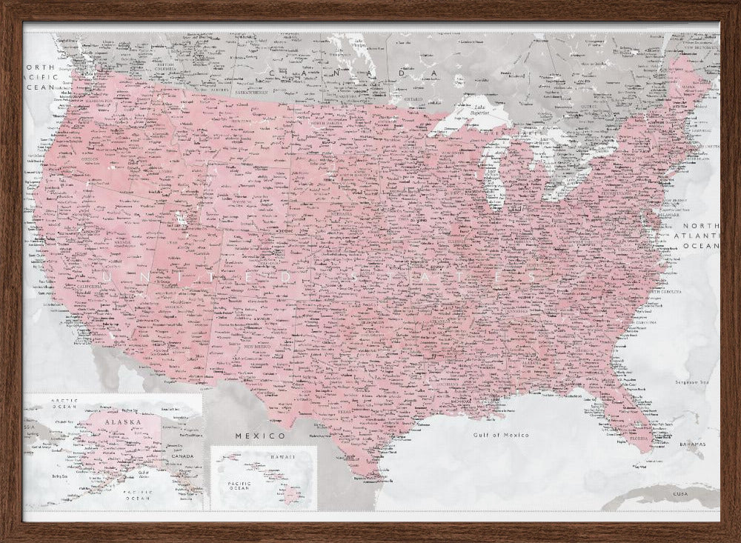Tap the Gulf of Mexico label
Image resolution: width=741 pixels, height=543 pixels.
tap(501, 435)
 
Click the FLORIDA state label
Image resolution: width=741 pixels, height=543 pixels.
tap(639, 437)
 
